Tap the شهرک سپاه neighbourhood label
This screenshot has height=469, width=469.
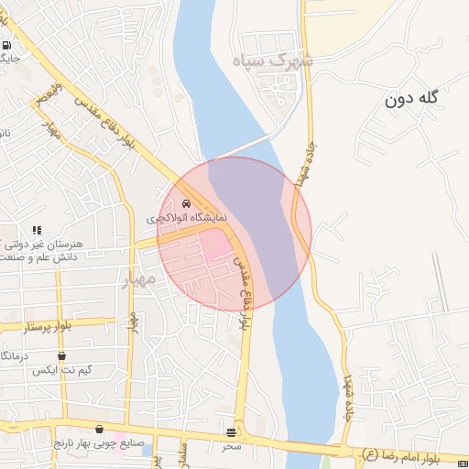272,62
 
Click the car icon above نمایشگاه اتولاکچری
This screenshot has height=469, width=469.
188,203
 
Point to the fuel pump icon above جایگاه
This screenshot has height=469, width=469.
7,45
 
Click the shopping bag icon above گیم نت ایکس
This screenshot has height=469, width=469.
61,355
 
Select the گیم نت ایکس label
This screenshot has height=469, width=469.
59,370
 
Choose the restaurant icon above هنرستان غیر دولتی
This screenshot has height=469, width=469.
37,231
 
